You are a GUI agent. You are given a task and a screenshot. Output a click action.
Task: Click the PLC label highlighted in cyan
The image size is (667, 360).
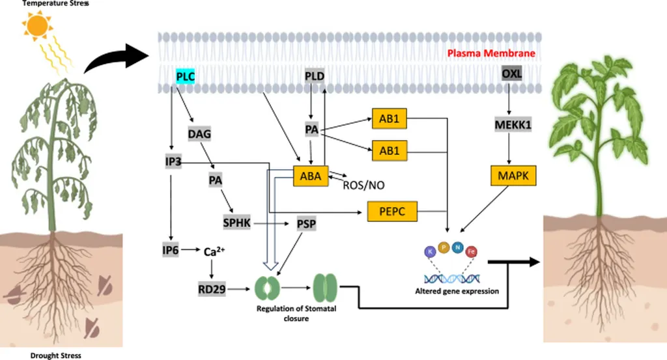[x=186, y=77]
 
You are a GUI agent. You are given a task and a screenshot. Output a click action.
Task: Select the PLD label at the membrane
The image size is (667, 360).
[x=315, y=77]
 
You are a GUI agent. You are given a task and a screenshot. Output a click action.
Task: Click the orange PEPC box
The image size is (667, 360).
[x=392, y=211]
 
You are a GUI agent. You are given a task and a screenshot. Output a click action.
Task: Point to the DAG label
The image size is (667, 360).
[x=199, y=133]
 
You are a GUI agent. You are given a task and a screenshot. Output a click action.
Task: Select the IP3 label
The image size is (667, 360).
[x=173, y=161]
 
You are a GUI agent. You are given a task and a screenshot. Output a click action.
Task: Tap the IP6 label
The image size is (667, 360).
[x=172, y=250]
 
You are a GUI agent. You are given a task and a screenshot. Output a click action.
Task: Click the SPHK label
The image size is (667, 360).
[x=236, y=223]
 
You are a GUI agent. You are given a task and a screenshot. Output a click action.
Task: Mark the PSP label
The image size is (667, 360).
[x=306, y=224]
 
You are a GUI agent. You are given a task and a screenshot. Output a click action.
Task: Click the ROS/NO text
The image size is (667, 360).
[x=363, y=186]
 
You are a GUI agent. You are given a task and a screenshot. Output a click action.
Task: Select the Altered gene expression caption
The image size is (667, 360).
[x=457, y=291]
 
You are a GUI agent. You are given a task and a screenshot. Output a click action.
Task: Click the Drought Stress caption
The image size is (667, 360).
[x=55, y=355]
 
